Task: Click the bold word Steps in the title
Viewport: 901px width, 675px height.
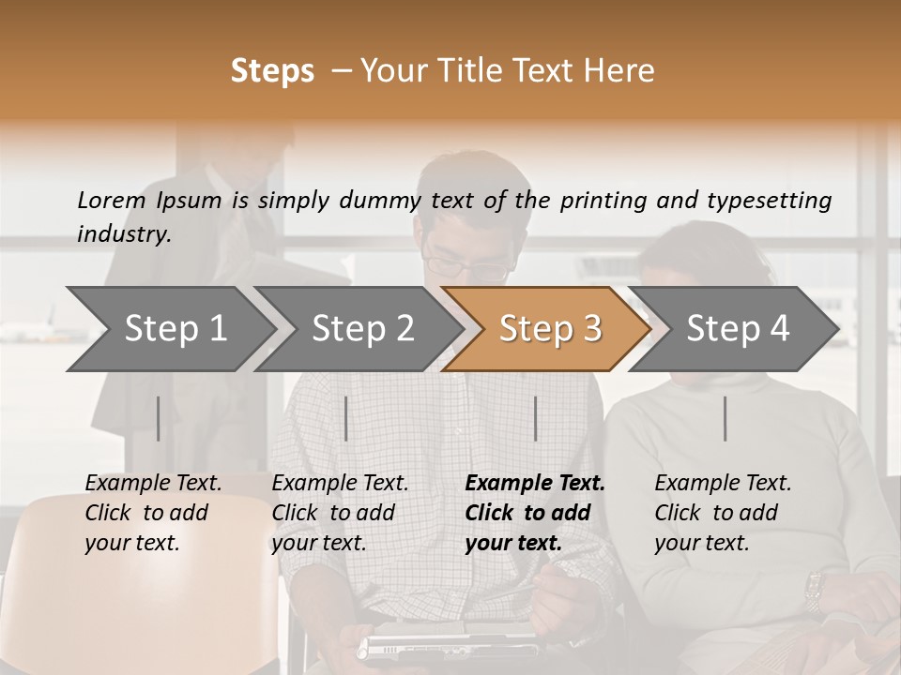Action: pos(272,71)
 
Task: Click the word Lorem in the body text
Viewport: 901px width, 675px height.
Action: pos(111,200)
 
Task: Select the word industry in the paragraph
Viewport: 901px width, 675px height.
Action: pos(123,233)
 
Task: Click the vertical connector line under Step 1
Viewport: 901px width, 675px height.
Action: pos(159,418)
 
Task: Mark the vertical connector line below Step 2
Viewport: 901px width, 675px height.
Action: pos(346,418)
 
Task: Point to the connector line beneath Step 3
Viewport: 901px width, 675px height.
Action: pos(535,418)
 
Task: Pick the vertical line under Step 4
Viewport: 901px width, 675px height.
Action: pos(725,418)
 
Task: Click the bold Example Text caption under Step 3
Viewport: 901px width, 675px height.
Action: pos(534,512)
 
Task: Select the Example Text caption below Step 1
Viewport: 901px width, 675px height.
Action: pos(153,512)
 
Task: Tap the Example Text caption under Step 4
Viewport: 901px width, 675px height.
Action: pos(722,512)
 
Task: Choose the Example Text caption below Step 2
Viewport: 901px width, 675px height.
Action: pos(340,512)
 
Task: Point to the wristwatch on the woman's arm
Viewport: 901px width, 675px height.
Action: pos(814,591)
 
